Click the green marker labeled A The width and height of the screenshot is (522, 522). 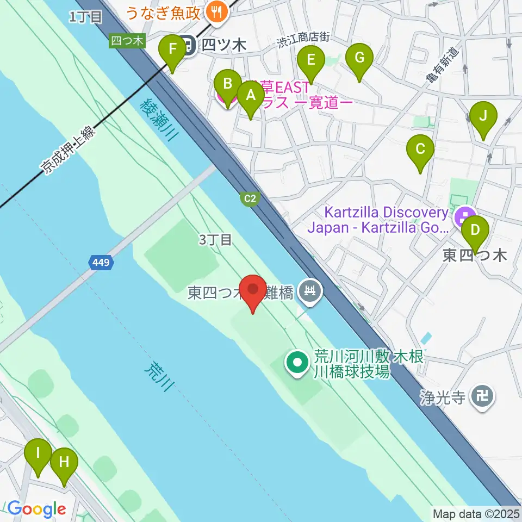(251, 96)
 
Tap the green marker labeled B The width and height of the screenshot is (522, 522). (228, 84)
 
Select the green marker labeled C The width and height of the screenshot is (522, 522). (420, 148)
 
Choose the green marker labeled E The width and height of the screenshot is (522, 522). (311, 60)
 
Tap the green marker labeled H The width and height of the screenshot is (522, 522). (64, 463)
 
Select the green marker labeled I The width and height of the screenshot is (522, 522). (38, 453)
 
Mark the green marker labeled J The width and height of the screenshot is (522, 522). (482, 116)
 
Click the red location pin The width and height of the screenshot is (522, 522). (253, 290)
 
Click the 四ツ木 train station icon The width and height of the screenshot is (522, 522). (189, 45)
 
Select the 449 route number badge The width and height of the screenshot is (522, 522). (101, 263)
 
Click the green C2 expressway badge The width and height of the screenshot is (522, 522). (250, 199)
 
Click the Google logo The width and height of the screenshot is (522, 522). (36, 509)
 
